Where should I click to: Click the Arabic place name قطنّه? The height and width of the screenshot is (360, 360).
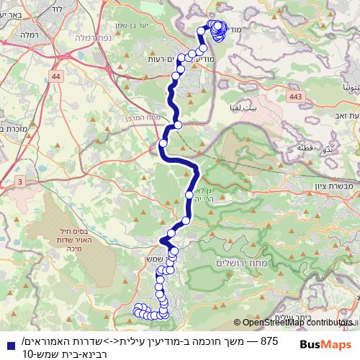(x=303, y=148)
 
